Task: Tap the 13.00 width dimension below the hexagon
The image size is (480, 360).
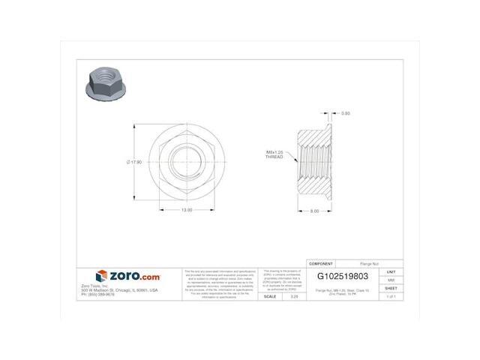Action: [x=185, y=210]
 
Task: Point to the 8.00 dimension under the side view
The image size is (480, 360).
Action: [x=315, y=211]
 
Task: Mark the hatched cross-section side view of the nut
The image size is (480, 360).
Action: [x=315, y=160]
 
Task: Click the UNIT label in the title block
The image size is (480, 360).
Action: [x=390, y=271]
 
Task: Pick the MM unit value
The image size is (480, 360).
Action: [x=390, y=280]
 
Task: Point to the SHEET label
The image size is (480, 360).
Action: [x=390, y=288]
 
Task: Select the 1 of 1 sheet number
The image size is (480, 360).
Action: [x=390, y=297]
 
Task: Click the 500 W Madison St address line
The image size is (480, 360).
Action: [x=119, y=289]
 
